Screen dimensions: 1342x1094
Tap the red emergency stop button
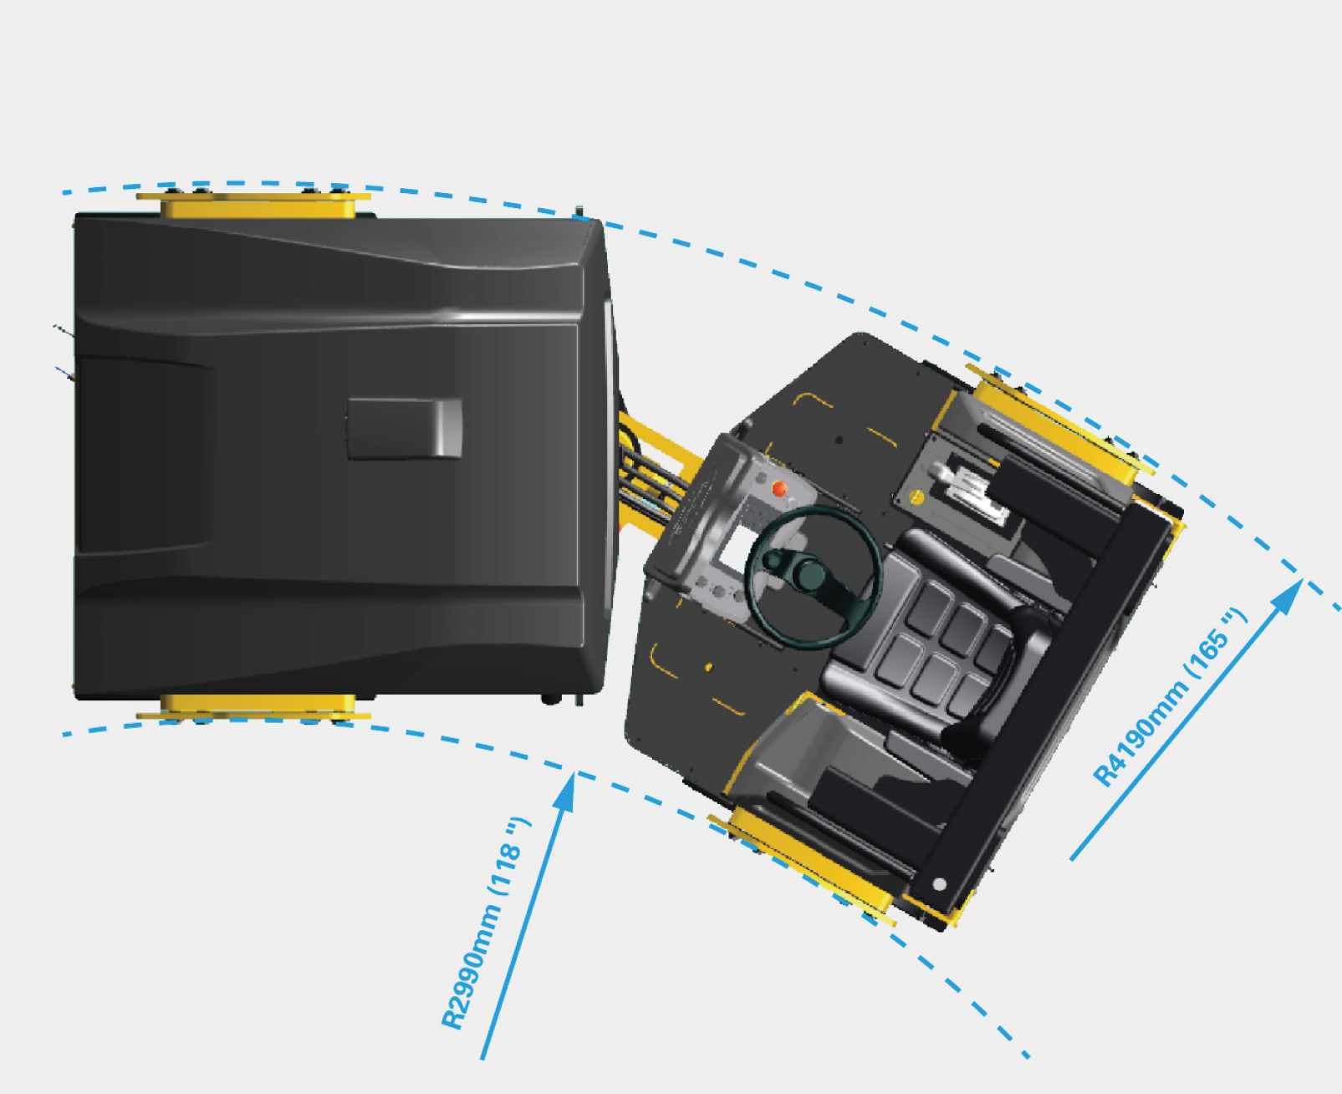tap(779, 488)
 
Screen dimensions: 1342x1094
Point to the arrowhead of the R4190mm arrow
tap(1288, 596)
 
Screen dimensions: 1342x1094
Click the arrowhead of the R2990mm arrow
tap(566, 792)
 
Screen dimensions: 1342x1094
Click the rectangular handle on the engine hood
tap(405, 428)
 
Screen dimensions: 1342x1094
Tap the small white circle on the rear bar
tap(939, 883)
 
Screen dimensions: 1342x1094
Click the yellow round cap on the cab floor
tap(917, 497)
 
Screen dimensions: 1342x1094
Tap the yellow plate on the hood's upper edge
tap(253, 205)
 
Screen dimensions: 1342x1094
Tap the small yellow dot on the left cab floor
tap(709, 667)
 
